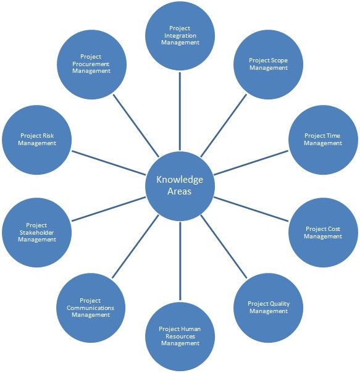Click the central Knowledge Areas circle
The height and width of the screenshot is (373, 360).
pos(180,186)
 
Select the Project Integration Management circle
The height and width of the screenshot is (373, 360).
pos(180,36)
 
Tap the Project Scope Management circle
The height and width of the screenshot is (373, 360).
pos(268,64)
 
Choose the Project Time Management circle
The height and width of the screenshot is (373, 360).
pos(323,140)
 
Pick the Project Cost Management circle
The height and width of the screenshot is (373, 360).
pos(323,232)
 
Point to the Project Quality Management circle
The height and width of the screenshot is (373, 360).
pos(268,308)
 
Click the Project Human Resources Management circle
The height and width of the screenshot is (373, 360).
pos(180,337)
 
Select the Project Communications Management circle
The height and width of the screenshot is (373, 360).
pos(91,308)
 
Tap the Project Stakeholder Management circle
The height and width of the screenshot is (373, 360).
pos(36,232)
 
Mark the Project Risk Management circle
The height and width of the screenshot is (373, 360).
pos(36,140)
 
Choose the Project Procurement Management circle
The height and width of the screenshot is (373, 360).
pos(91,64)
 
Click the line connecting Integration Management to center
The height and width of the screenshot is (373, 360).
pos(180,111)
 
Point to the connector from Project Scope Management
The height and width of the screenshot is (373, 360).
pos(224,126)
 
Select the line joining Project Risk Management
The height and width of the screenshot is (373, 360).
pos(109,162)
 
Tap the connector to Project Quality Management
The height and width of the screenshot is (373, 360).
pos(224,246)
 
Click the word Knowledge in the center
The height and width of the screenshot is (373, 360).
pos(180,180)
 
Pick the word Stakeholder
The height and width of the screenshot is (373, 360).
pos(36,232)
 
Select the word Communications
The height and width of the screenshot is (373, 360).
pos(90,308)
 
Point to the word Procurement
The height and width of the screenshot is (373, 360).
pos(91,64)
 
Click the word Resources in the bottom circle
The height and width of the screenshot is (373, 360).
pos(180,337)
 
